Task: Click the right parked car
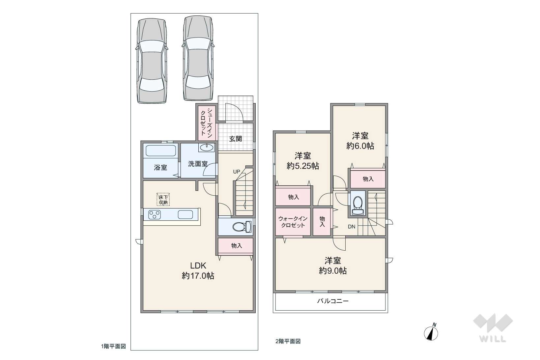(x=198, y=58)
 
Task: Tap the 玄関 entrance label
(x=235, y=139)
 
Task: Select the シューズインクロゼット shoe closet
(x=207, y=123)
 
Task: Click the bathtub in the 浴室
(x=160, y=151)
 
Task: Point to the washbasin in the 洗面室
(x=207, y=148)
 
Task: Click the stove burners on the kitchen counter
(x=155, y=215)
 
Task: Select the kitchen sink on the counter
(x=185, y=214)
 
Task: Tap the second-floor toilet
(x=358, y=205)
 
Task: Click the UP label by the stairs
(x=237, y=172)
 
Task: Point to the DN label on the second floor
(x=352, y=227)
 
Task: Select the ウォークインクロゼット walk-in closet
(x=293, y=222)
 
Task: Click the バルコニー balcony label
(x=333, y=301)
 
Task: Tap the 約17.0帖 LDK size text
(x=198, y=276)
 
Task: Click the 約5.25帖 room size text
(x=303, y=166)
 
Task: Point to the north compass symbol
(x=431, y=332)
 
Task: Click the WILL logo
(x=493, y=328)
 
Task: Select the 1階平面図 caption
(x=113, y=346)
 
